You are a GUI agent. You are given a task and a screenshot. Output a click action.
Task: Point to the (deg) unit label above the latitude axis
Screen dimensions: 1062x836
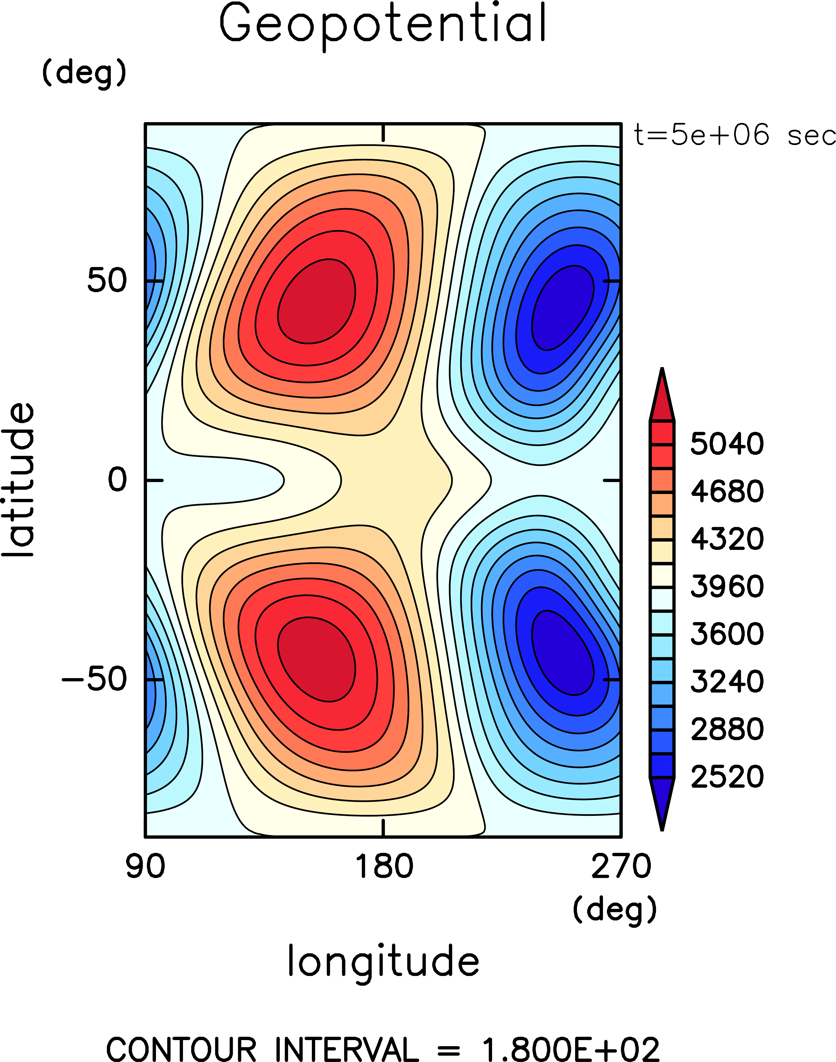84,73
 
